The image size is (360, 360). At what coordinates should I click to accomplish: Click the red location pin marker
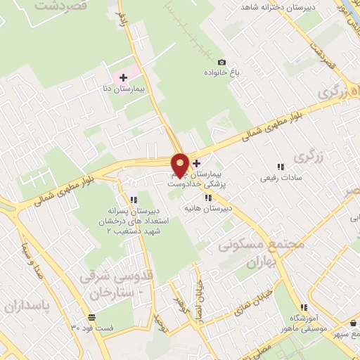(180, 165)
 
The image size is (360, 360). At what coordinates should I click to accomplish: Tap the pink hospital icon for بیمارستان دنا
(122, 76)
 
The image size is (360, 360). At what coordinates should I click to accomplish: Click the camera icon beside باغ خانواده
(222, 63)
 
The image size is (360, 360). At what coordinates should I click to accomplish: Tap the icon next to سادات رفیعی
(281, 167)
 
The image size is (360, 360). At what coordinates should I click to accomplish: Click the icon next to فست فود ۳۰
(91, 317)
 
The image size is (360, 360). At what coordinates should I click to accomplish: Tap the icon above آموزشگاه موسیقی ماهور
(304, 307)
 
